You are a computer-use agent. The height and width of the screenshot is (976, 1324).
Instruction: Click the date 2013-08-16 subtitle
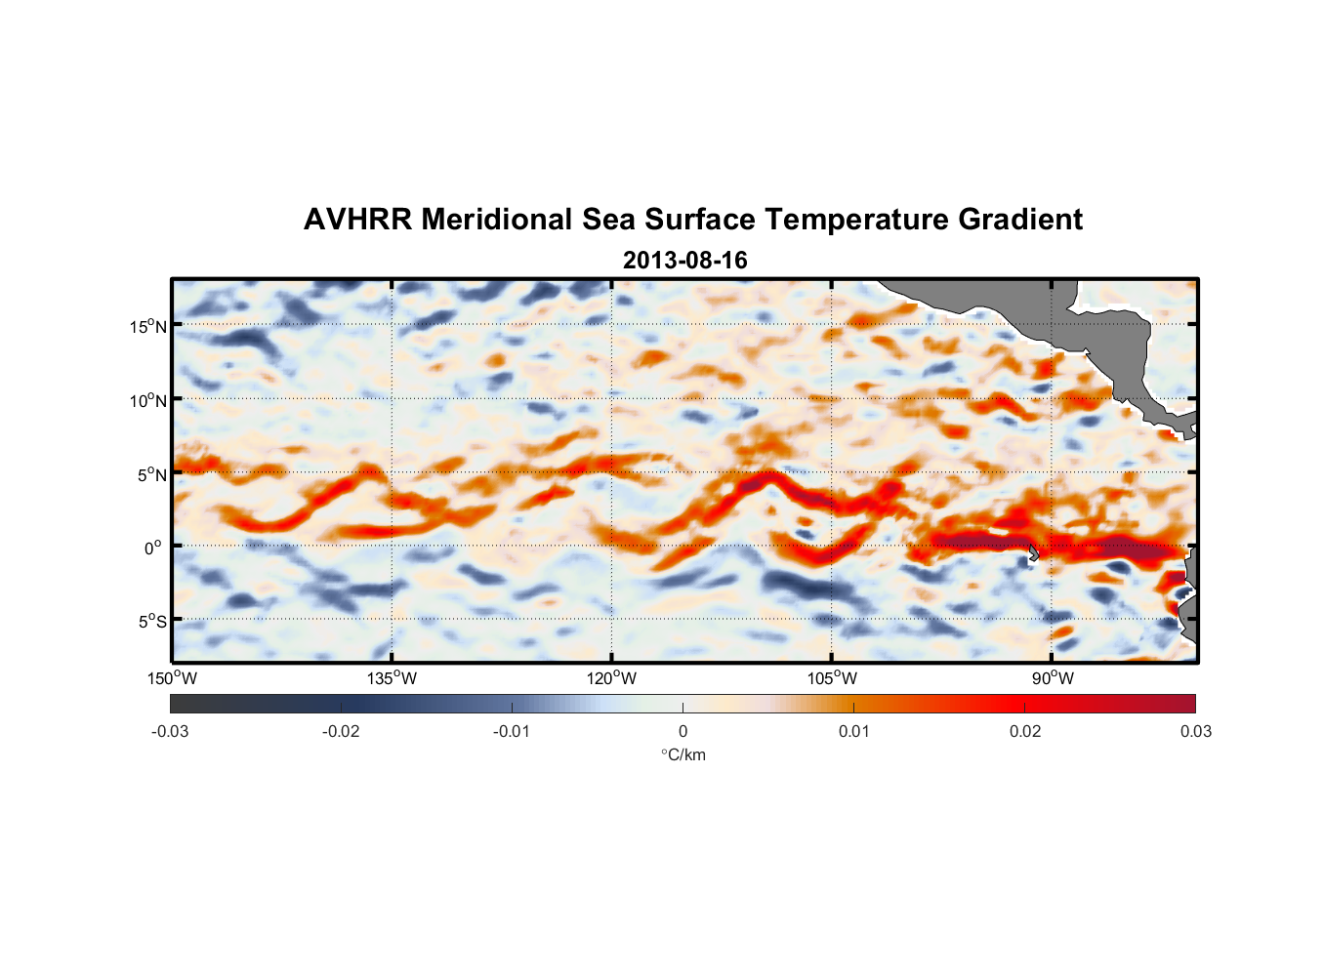(684, 261)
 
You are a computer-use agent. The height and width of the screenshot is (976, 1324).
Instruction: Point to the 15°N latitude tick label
(148, 326)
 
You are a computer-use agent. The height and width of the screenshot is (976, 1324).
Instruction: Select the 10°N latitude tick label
(148, 400)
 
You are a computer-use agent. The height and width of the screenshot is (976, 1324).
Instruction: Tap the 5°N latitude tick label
(151, 474)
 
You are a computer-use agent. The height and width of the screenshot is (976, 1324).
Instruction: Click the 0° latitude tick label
(153, 548)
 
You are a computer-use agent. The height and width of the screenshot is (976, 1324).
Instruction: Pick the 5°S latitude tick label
(151, 621)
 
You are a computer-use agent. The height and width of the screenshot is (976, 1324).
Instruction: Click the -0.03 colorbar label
(170, 732)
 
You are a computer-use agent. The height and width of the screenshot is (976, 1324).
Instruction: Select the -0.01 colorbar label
(512, 732)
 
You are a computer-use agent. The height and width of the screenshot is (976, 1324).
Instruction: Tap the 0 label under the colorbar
(683, 732)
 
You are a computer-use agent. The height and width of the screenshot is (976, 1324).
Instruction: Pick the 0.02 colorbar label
(1024, 732)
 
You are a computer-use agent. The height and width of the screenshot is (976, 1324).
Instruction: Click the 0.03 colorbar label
(1195, 732)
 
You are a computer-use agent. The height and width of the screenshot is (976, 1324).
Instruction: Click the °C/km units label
(683, 755)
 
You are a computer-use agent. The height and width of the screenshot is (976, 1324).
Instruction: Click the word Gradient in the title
(1019, 220)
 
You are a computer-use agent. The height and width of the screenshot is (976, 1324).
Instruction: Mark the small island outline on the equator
(1033, 552)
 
